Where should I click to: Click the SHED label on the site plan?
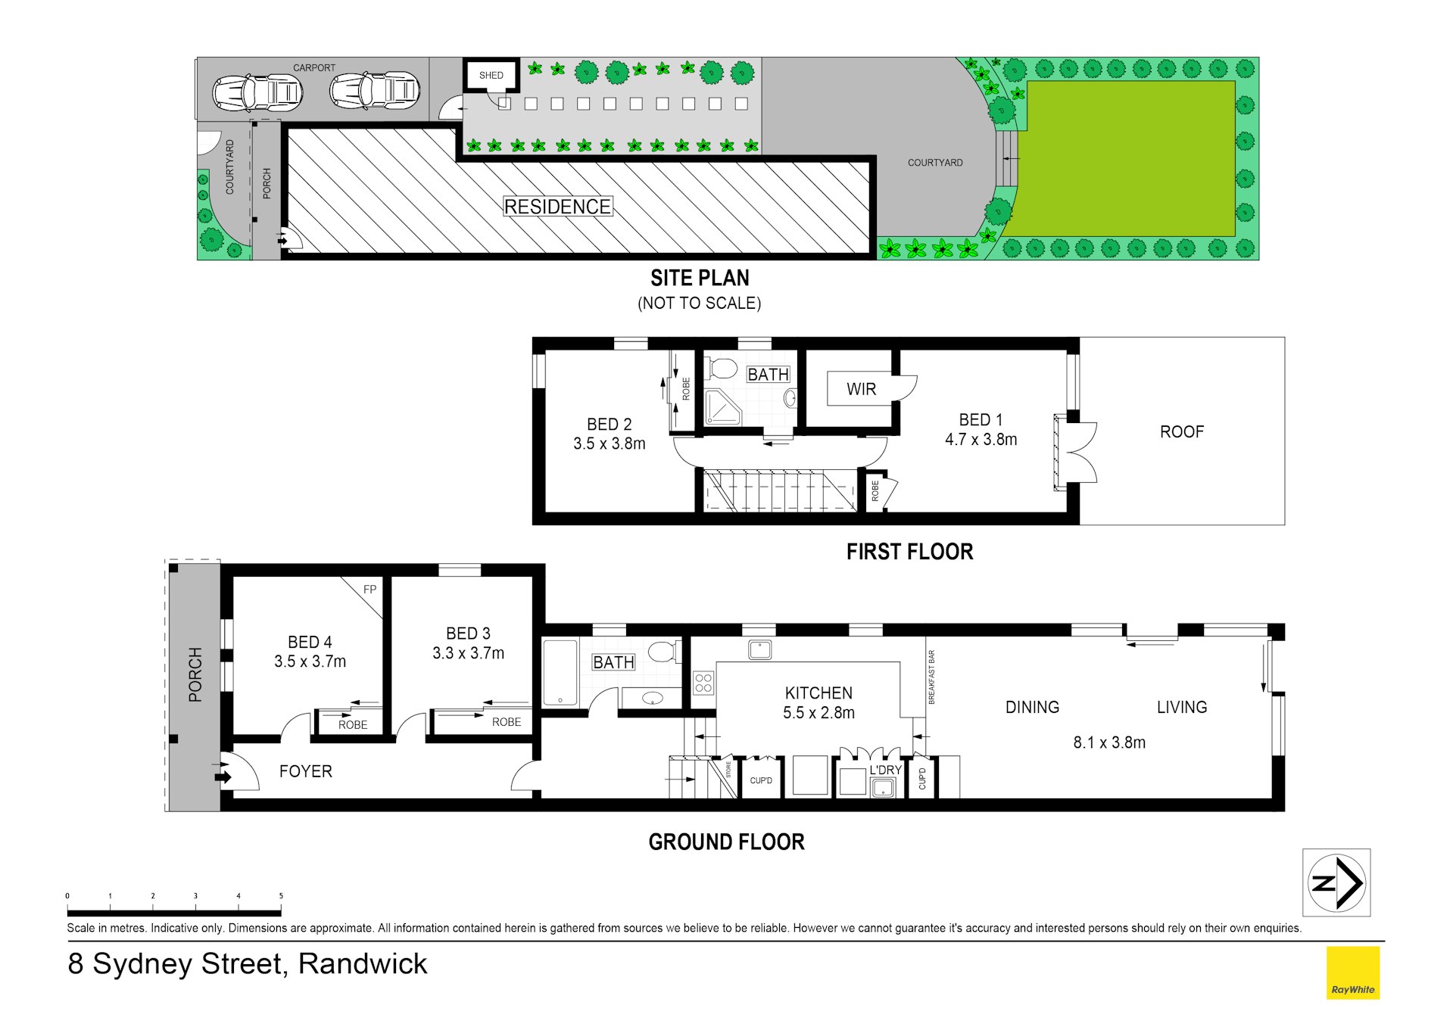click(491, 76)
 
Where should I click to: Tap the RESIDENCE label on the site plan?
click(557, 207)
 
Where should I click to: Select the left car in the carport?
click(257, 93)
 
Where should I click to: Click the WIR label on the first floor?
click(861, 389)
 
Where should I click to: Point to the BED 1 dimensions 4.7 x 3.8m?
click(981, 440)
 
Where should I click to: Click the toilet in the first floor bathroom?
click(721, 369)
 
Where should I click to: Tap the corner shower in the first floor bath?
click(723, 407)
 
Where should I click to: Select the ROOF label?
click(1181, 432)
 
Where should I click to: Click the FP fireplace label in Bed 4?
click(369, 590)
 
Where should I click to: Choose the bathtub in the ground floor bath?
click(560, 673)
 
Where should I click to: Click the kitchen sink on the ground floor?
click(759, 649)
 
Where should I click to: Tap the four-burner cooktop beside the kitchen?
click(703, 683)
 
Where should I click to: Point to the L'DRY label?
click(885, 770)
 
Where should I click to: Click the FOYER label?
click(306, 771)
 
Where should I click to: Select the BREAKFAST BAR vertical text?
click(931, 677)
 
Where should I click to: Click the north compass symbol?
click(1336, 882)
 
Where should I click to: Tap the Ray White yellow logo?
click(1353, 973)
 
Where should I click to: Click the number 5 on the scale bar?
click(281, 896)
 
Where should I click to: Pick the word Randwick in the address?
click(363, 963)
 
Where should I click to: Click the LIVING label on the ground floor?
click(1181, 708)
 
